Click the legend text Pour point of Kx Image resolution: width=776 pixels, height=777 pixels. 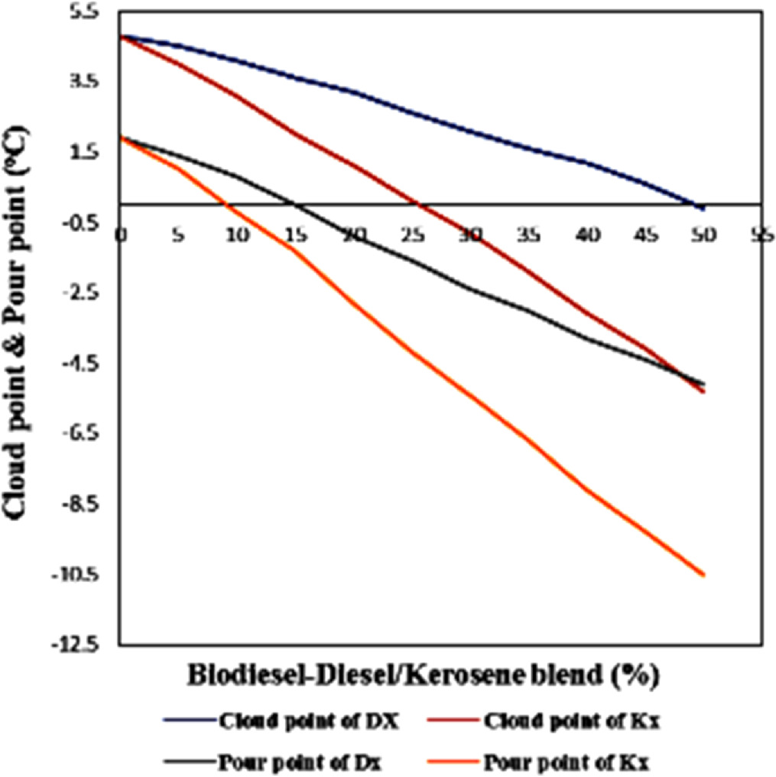point(567,760)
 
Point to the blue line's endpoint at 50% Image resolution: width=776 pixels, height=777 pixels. point(702,207)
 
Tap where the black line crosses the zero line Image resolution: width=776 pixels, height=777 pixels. point(295,204)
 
